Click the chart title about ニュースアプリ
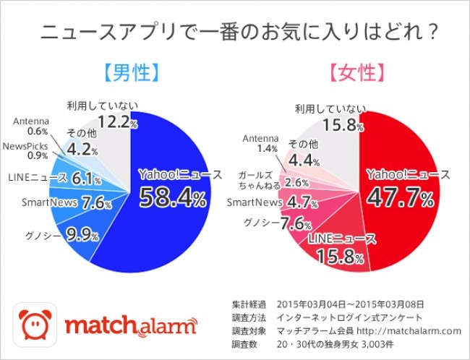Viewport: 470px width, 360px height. [234, 33]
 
